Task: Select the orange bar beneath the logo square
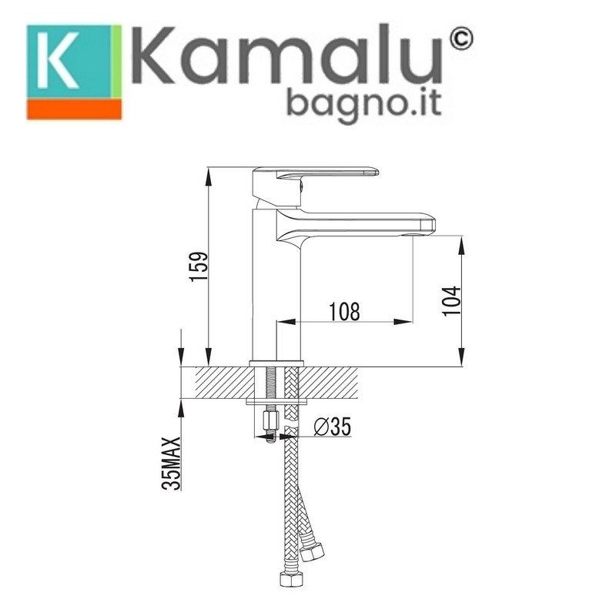coord(74,109)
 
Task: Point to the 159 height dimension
coord(199,266)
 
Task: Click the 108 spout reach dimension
coord(344,312)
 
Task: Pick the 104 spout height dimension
coord(451,300)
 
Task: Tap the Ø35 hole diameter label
coord(333,427)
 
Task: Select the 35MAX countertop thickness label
coord(171,464)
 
